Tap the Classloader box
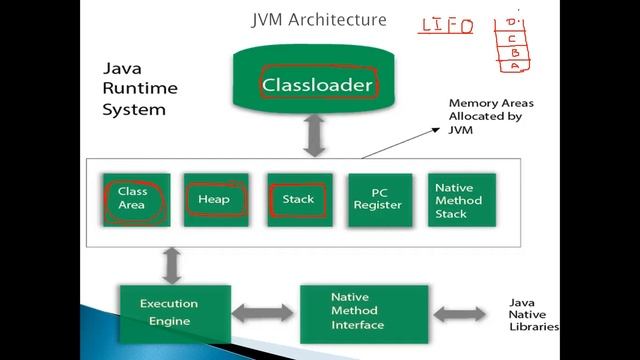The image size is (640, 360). click(x=317, y=85)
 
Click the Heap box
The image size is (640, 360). click(x=215, y=199)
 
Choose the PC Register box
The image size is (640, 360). click(x=378, y=199)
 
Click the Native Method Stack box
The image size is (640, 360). click(x=459, y=199)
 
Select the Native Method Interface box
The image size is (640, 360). click(x=364, y=312)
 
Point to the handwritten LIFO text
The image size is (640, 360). click(x=445, y=27)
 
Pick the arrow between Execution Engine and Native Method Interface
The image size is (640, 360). click(x=265, y=312)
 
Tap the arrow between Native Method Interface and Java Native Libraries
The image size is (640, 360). click(x=464, y=312)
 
